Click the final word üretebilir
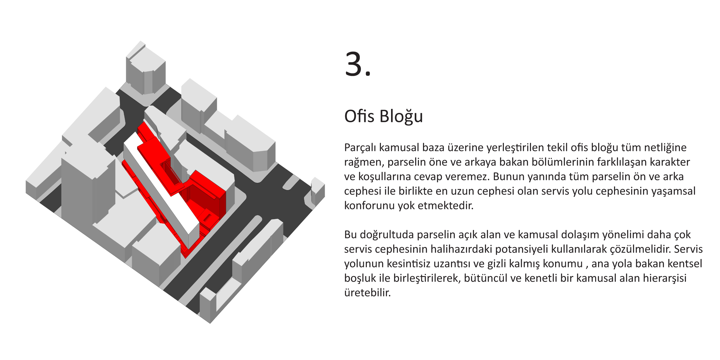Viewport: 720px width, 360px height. [x=368, y=293]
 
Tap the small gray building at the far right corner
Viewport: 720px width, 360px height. [x=318, y=192]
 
